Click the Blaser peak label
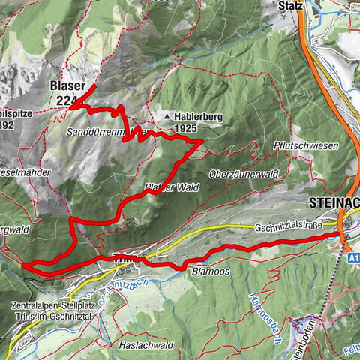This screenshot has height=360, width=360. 67,86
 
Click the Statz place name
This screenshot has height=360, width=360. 289,6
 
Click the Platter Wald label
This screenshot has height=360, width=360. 172,187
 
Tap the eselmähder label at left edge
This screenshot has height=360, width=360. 25,172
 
